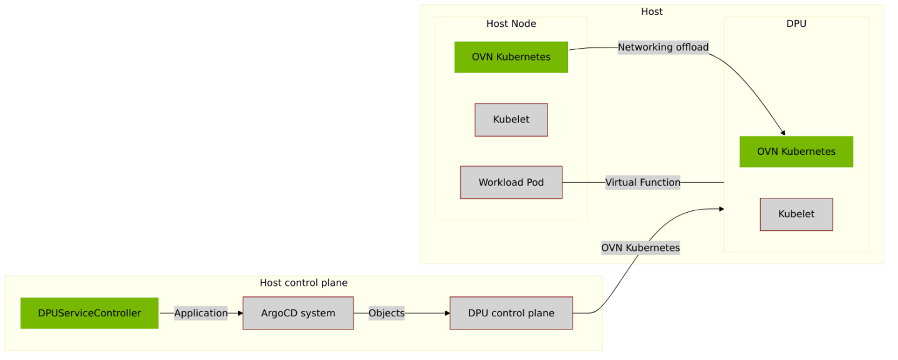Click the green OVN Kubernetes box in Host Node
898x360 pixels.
point(511,57)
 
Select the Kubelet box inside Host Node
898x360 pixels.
point(511,120)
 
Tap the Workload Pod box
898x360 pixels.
point(511,182)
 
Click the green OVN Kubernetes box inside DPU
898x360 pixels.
point(796,152)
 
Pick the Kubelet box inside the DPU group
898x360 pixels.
point(796,214)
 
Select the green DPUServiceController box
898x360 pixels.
point(89,313)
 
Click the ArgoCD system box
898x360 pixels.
point(297,313)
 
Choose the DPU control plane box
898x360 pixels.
point(511,313)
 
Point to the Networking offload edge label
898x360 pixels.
point(663,47)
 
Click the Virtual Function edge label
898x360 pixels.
point(642,183)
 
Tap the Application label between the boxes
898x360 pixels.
point(201,313)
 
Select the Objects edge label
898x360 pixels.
point(386,313)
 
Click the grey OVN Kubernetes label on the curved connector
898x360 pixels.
point(640,248)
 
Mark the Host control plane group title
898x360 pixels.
point(303,283)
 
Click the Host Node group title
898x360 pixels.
point(511,24)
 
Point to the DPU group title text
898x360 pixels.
point(796,24)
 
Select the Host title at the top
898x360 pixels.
point(652,12)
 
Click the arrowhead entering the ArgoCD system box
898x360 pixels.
point(239,313)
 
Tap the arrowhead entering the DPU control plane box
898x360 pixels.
point(447,313)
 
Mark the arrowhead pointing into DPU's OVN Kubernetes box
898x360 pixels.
point(783,132)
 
